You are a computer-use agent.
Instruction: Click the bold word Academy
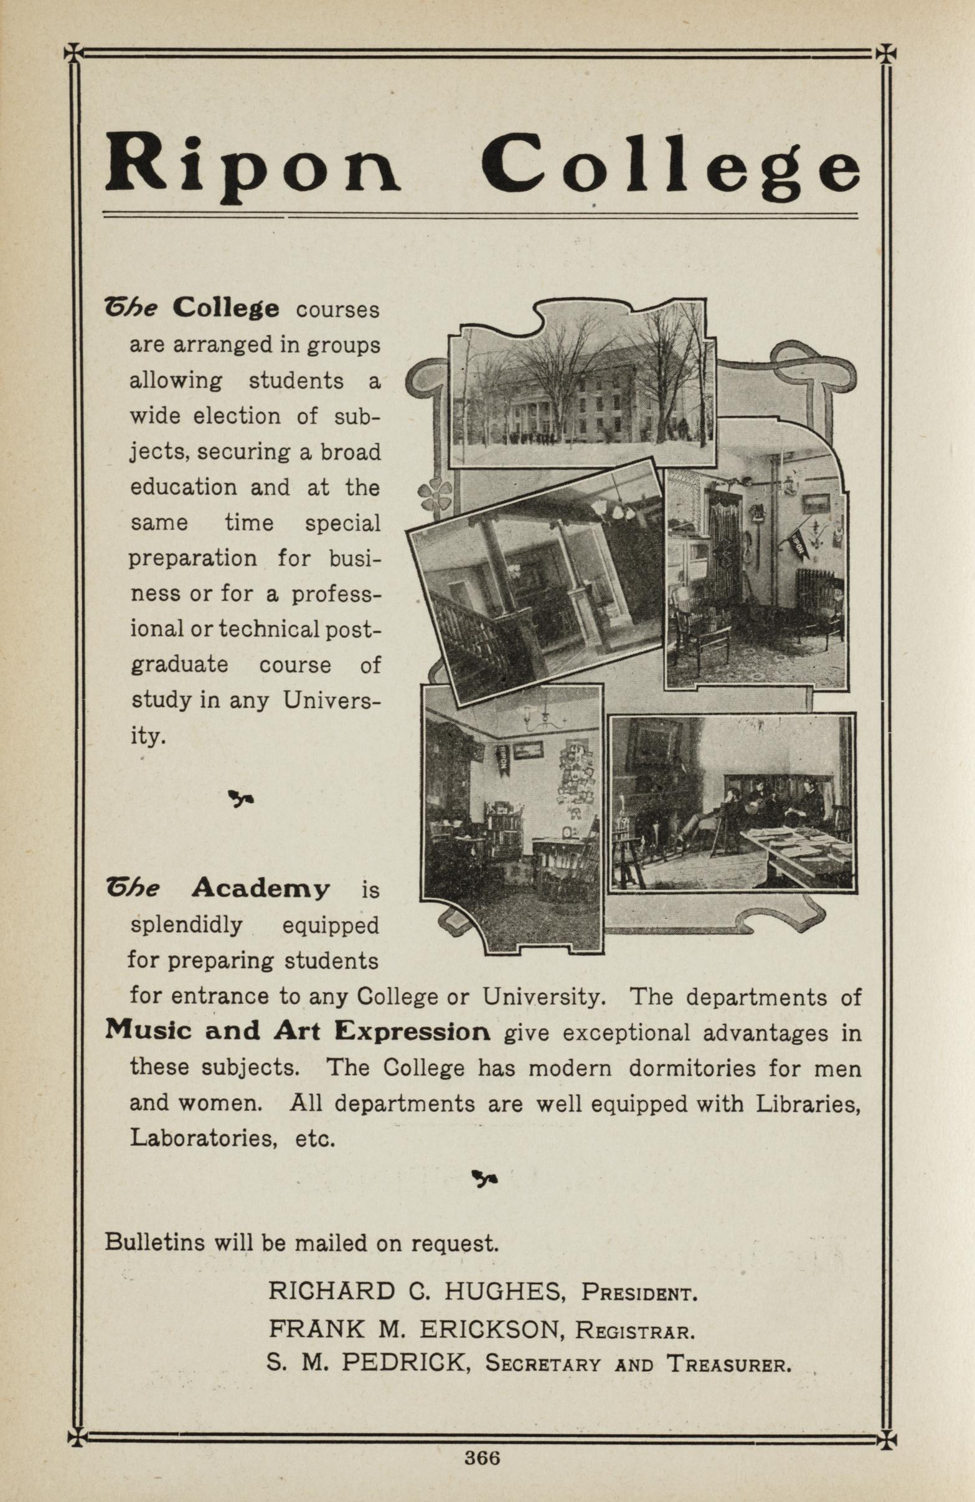(260, 889)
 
